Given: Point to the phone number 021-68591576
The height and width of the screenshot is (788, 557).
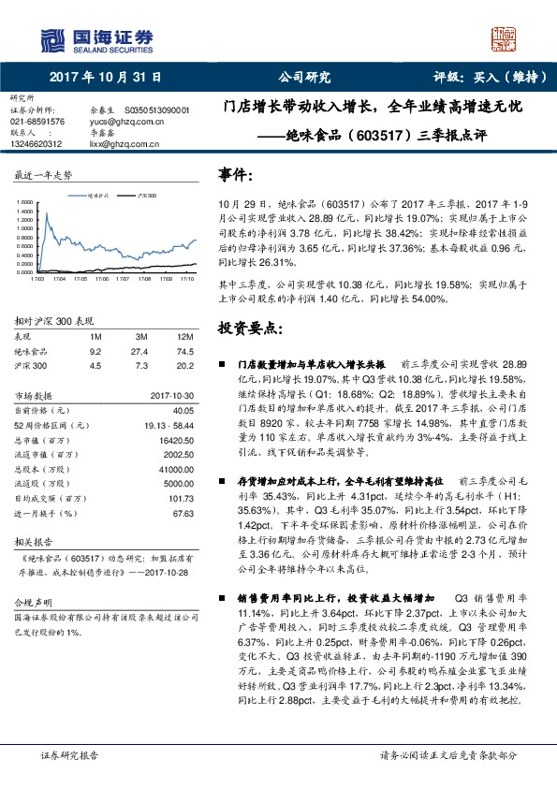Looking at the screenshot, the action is [37, 122].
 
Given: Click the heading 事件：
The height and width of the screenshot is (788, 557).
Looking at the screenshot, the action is [237, 175].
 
